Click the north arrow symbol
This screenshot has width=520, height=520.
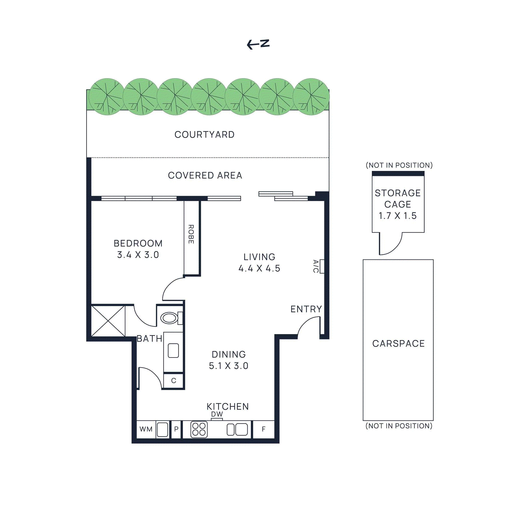point(258,44)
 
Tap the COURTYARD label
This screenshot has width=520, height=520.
point(204,135)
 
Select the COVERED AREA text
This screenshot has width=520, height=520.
point(205,175)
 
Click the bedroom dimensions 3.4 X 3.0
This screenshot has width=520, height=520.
point(138,255)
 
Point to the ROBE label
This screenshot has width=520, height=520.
point(191,234)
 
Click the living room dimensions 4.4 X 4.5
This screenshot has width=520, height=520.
point(259,268)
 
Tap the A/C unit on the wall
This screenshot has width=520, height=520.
point(322,266)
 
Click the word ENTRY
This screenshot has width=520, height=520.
point(306,309)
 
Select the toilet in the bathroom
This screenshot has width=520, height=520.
point(170,318)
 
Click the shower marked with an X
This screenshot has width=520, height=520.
point(108,321)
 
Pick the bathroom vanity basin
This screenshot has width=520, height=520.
point(173,351)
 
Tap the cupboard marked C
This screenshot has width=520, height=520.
point(174,381)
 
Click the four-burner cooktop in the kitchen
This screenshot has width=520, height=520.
point(199,429)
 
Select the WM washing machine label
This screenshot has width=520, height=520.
point(146,429)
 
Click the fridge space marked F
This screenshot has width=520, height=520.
point(264,429)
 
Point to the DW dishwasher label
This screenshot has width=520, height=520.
point(217,414)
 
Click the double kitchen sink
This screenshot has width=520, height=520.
point(237,429)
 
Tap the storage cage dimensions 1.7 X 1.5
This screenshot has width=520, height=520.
point(397,216)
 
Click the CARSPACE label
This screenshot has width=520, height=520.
point(398,344)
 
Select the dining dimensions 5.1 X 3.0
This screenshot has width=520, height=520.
point(228,366)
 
